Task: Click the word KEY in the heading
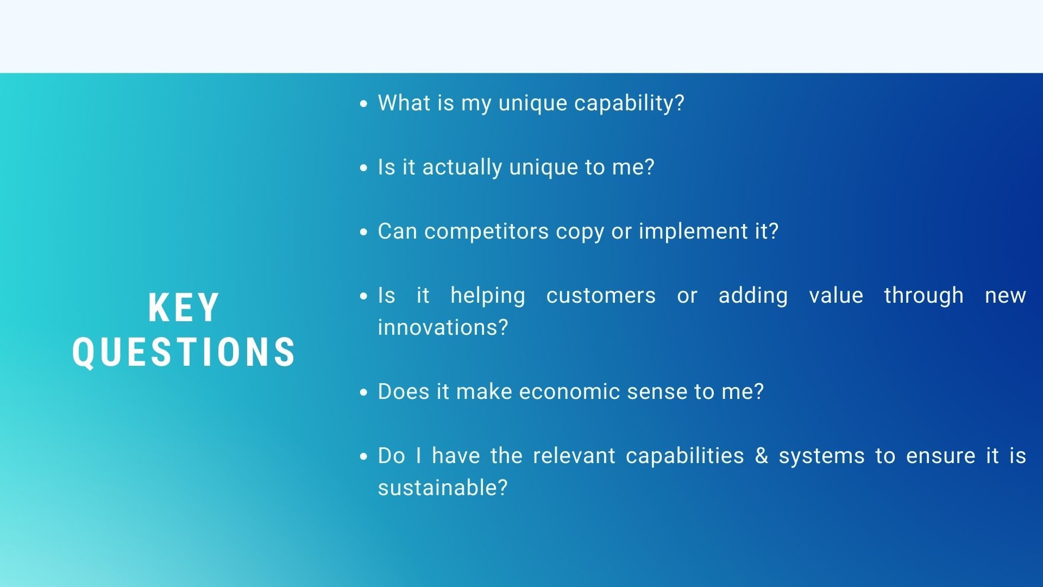[184, 308]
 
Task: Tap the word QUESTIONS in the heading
[184, 352]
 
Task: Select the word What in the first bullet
[399, 103]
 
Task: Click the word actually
[462, 167]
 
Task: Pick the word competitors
[487, 232]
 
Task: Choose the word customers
[601, 296]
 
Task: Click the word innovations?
[443, 327]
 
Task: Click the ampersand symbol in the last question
[762, 455]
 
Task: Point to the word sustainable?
[443, 488]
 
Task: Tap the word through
[923, 296]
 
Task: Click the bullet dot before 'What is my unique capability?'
[364, 104]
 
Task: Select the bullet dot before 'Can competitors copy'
[364, 232]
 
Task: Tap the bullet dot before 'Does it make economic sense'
[364, 392]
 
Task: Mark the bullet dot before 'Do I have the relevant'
[364, 457]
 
